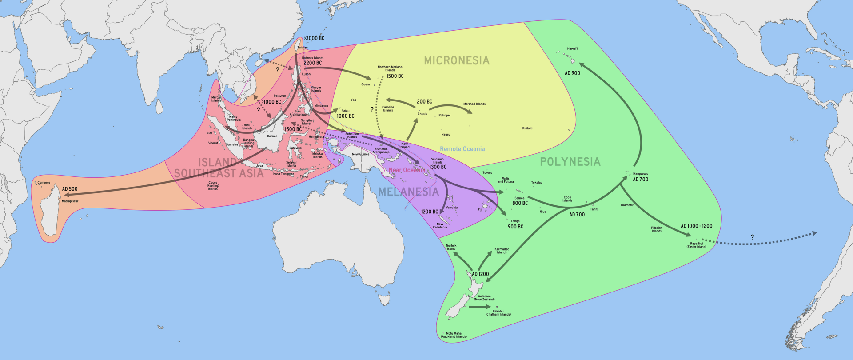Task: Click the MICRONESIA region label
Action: [456, 60]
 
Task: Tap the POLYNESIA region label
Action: [570, 162]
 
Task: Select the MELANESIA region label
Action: [408, 192]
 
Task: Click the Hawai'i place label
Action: [572, 48]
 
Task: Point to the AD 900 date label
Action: [572, 73]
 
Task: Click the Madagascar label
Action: [70, 201]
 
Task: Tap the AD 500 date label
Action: [70, 189]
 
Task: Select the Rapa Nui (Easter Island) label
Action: [696, 245]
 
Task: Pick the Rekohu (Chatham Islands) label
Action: [498, 313]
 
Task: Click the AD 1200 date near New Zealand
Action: [480, 274]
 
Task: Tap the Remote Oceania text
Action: [462, 149]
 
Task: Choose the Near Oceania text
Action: [407, 170]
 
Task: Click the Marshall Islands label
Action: [474, 104]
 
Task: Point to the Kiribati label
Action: [527, 128]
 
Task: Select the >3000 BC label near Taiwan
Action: [315, 38]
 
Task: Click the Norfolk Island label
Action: [451, 247]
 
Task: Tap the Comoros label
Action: [44, 183]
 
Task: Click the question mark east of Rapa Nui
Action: [752, 237]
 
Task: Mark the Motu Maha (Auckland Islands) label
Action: [454, 335]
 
